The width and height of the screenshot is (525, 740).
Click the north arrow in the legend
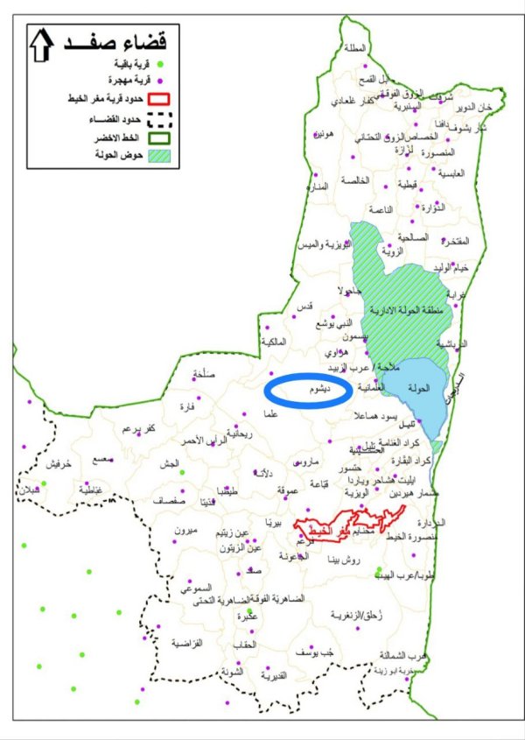[x=40, y=44]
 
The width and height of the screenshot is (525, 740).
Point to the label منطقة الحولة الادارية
[x=406, y=311]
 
